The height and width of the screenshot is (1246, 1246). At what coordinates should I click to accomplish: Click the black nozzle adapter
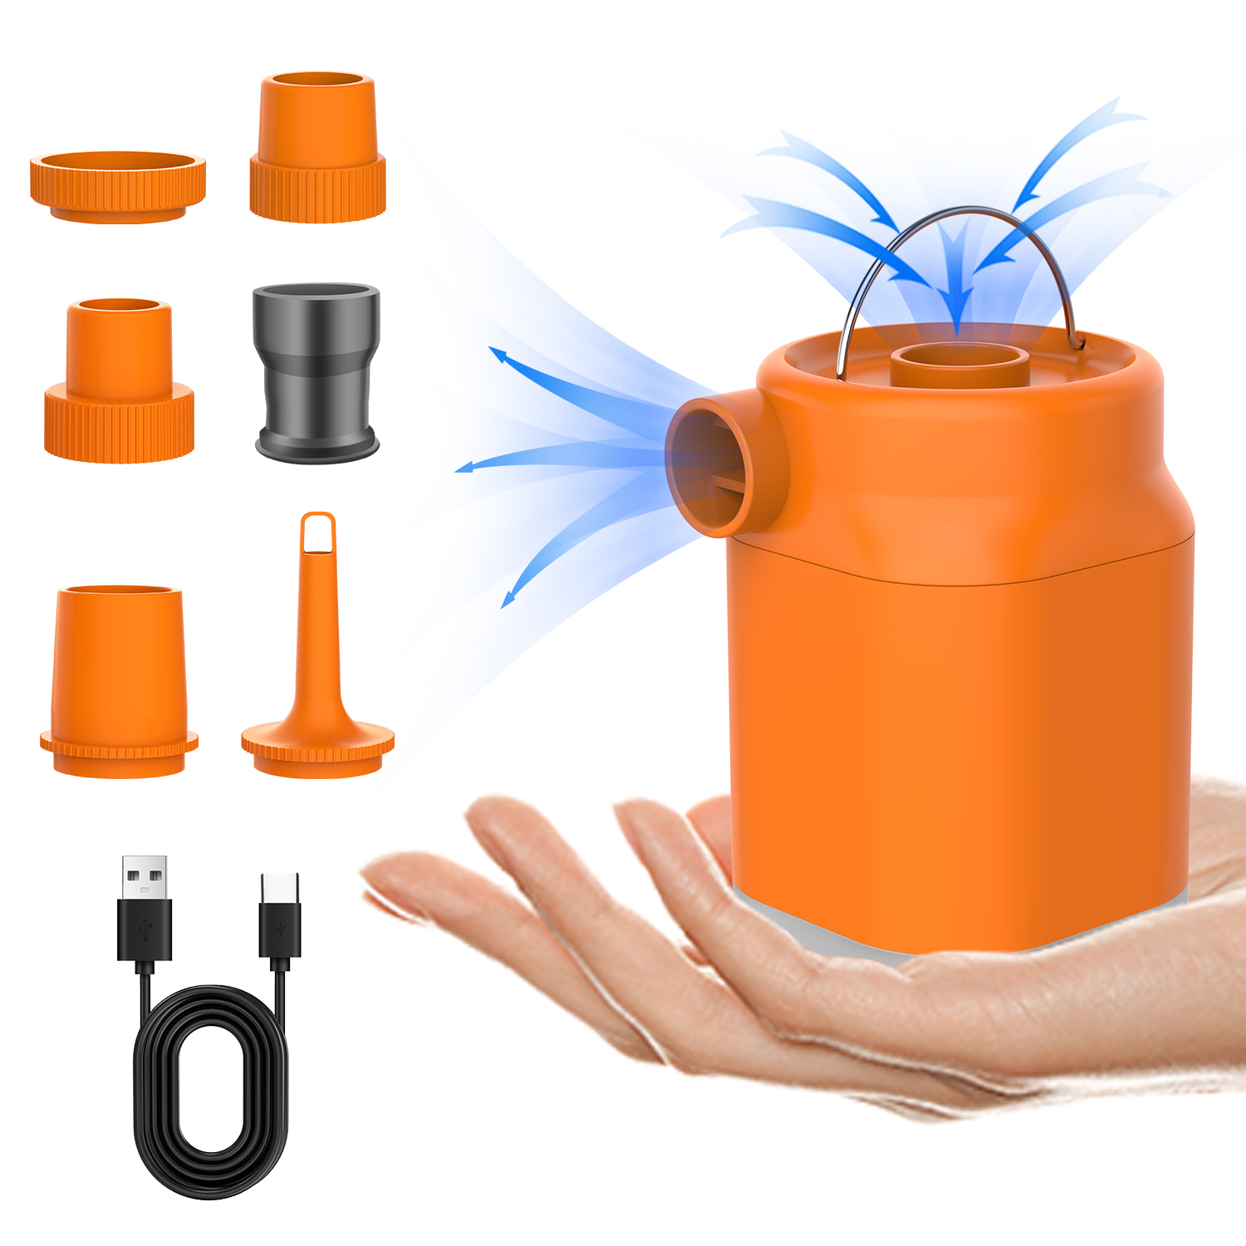316,371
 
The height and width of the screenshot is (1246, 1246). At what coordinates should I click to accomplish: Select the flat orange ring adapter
118,186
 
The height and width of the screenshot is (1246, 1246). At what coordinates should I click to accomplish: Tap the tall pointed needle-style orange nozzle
318,656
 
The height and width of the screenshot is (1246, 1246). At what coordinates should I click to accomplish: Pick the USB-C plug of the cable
280,918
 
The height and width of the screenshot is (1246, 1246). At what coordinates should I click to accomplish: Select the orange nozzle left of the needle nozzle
119,681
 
